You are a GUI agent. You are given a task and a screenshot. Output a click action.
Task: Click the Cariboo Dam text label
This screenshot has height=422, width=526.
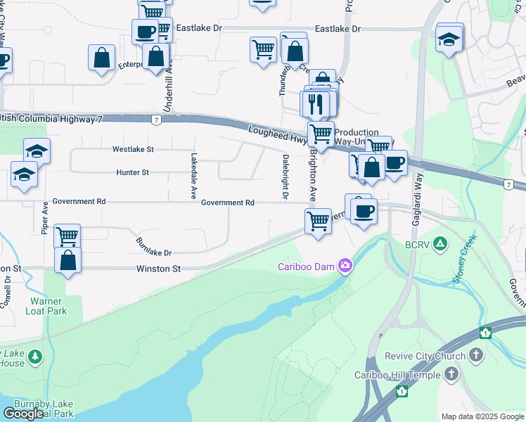coord(307,266)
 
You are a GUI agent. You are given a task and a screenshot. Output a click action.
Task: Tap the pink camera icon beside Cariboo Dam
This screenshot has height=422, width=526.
coord(345,265)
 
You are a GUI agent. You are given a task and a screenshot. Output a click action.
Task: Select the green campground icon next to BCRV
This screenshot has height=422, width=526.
coord(440,243)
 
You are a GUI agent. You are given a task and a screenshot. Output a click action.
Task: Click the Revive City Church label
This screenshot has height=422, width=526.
coord(425,356)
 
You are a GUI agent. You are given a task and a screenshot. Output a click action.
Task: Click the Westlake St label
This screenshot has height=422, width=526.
coord(133,149)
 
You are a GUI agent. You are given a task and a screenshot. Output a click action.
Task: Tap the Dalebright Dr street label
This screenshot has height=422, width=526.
coord(286,177)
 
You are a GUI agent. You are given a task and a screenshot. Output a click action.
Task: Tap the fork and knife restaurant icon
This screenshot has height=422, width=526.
coord(314,104)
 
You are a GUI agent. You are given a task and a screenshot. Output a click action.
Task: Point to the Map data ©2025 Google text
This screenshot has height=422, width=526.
coord(482,416)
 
